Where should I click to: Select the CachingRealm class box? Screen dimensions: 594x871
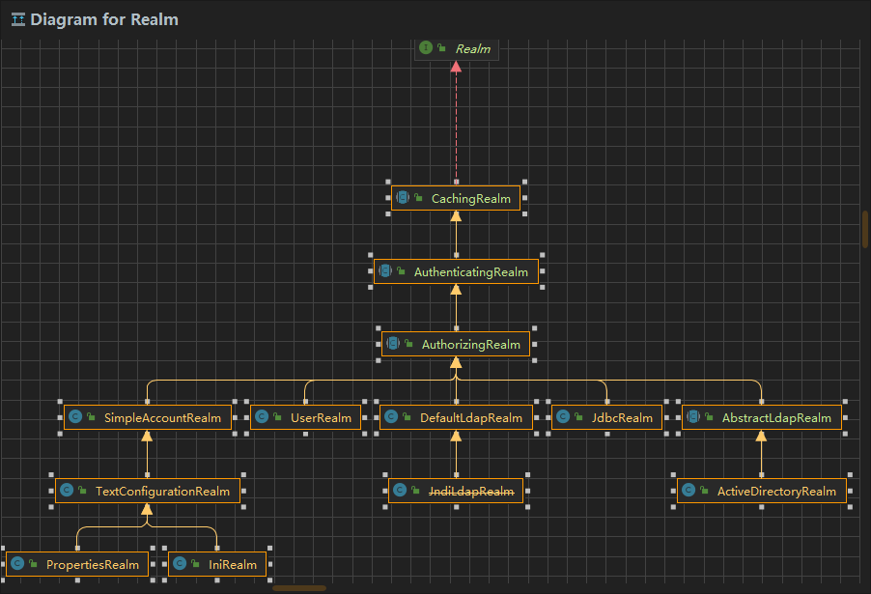(x=456, y=198)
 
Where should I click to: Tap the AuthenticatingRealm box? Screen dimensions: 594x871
(x=456, y=272)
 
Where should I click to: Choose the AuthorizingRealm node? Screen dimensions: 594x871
(x=456, y=345)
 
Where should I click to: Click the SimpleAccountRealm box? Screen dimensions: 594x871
(x=148, y=418)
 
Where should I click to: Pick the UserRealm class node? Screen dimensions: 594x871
(x=306, y=418)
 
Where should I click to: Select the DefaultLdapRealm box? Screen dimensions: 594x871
(x=456, y=418)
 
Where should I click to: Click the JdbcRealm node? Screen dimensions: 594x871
(x=606, y=418)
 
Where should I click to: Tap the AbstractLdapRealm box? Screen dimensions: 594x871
(x=762, y=418)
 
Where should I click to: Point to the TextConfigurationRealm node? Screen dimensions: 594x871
(x=147, y=491)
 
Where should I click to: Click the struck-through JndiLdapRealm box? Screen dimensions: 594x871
(x=456, y=491)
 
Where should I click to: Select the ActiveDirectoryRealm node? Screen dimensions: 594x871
(x=762, y=491)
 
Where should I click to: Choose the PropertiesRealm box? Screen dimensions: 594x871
(x=77, y=564)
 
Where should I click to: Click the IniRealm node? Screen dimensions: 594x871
(x=217, y=564)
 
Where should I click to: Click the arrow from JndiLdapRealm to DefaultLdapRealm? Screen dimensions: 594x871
(x=456, y=454)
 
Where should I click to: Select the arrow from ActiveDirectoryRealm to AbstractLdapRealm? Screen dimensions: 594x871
(x=762, y=454)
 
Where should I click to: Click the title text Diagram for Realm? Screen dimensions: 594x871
(x=103, y=19)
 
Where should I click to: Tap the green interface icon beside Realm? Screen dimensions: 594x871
(x=426, y=47)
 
